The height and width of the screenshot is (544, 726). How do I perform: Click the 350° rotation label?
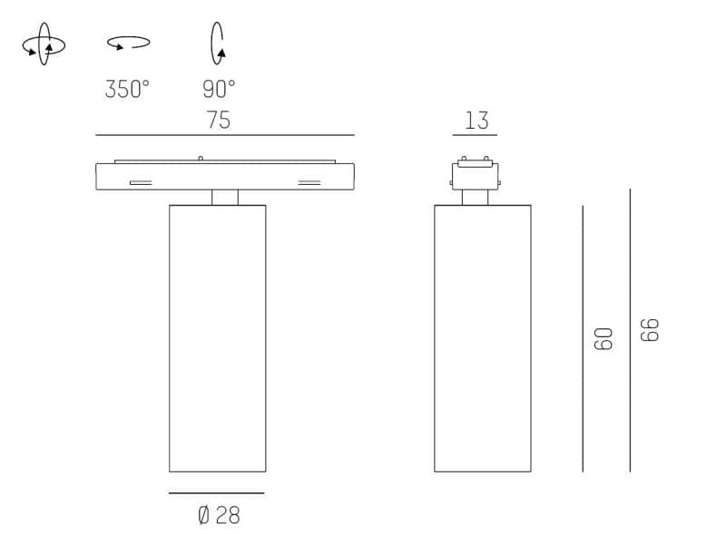127,89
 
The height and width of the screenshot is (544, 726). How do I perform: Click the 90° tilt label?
219,89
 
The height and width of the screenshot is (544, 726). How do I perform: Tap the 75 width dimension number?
219,120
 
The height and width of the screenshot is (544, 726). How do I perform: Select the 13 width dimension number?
476,120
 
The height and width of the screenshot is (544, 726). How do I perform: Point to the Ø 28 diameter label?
219,516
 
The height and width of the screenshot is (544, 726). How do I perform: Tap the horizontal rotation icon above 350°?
128,42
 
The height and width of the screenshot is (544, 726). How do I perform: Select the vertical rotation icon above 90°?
218,43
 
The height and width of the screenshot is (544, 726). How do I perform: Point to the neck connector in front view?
225,198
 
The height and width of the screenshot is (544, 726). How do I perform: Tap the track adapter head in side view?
476,173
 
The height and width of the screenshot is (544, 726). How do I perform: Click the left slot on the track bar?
141,182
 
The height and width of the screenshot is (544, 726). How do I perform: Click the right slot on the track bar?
309,182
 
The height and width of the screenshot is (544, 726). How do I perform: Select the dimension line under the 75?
225,135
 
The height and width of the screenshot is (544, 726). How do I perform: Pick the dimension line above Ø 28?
217,493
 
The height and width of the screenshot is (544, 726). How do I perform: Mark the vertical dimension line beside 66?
630,330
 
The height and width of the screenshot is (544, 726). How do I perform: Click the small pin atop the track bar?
200,159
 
